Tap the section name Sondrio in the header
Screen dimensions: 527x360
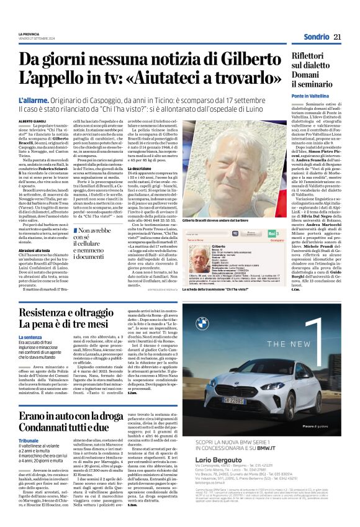pos(316,37)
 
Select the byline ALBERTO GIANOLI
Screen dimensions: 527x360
pos(34,122)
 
